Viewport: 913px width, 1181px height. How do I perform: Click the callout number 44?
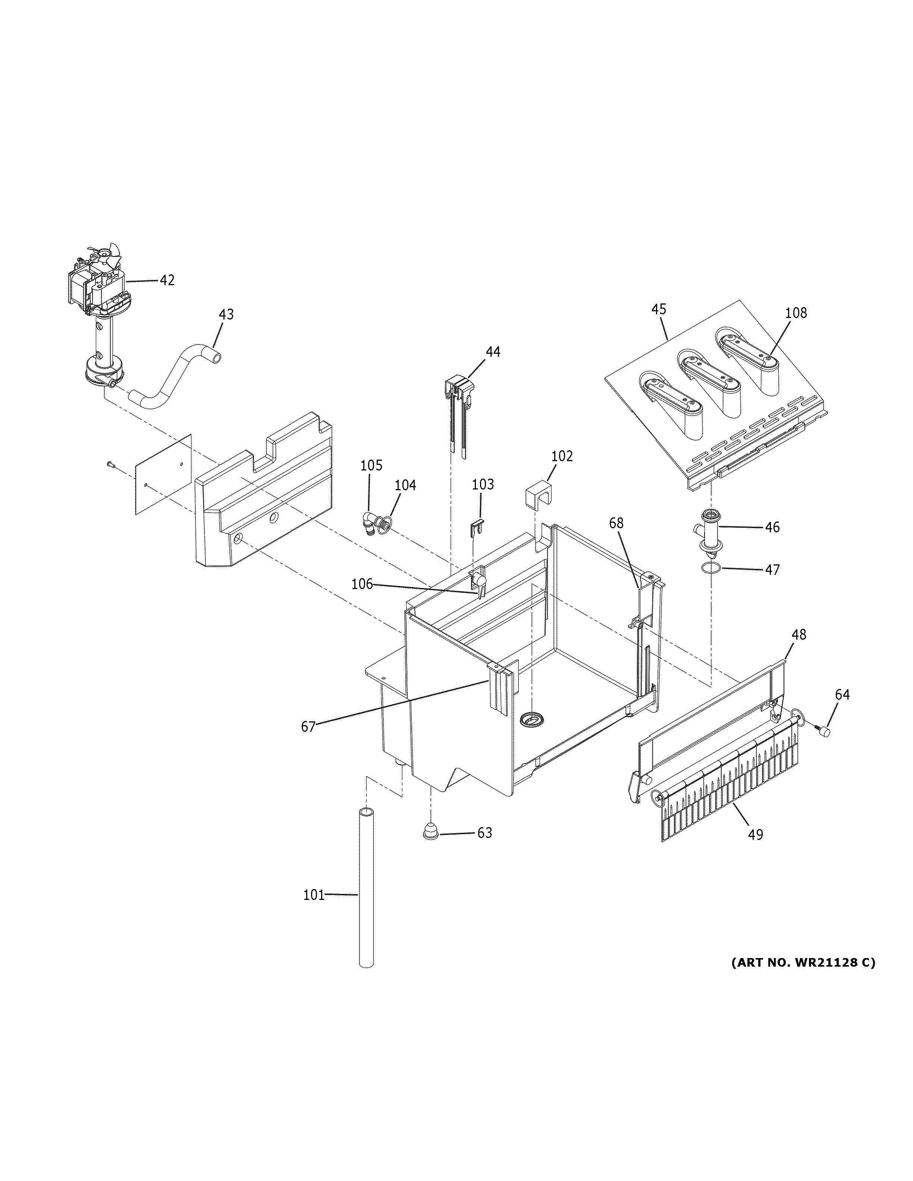pos(493,352)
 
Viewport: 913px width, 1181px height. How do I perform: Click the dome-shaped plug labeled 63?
pos(430,832)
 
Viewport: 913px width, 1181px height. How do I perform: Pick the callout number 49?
pos(755,834)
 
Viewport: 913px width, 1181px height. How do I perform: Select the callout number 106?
pos(362,584)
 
